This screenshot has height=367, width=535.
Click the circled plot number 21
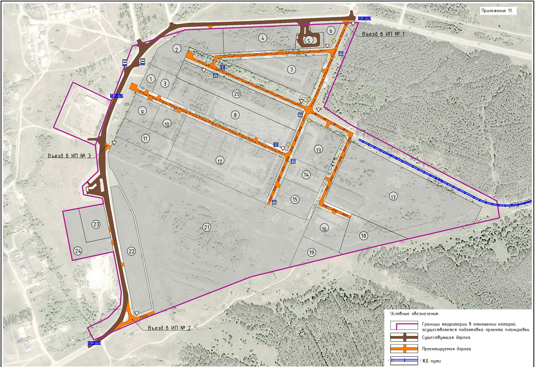coord(207,227)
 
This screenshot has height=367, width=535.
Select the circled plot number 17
coord(393,197)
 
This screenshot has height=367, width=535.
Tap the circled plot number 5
coord(309,40)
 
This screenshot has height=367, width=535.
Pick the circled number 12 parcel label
coord(220,161)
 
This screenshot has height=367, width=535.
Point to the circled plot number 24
coord(78,251)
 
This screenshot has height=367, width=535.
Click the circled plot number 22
coord(132,251)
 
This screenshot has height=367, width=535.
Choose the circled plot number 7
coord(292,70)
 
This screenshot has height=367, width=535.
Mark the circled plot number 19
coord(312,252)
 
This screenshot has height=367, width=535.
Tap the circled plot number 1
coord(151,79)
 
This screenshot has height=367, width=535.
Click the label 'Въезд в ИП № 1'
coord(383,34)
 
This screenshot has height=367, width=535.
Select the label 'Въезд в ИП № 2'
coord(169,328)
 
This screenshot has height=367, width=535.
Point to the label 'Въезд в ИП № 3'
coord(69,156)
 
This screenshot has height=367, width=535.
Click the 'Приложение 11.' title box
coord(497,11)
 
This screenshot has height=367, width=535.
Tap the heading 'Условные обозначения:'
coord(414,314)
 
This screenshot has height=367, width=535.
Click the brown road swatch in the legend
coord(404,337)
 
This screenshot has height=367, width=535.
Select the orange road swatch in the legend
coord(404,349)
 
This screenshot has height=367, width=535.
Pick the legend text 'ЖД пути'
coord(431,361)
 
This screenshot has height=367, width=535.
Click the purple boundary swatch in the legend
coord(404,326)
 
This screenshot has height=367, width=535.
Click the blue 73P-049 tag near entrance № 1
coord(364,19)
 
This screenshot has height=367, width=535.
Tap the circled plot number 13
coord(319,150)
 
